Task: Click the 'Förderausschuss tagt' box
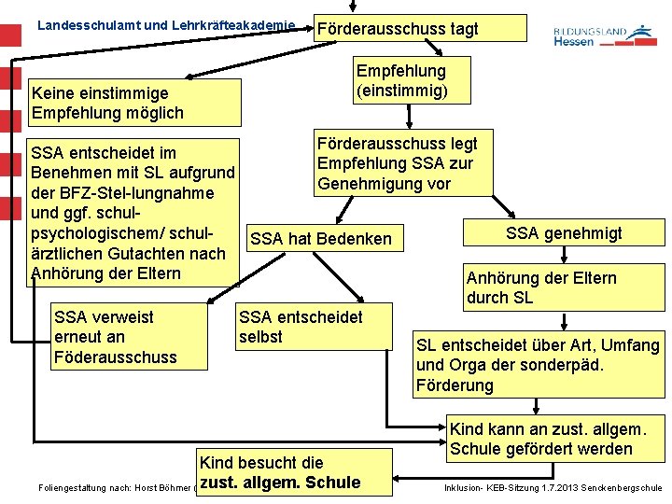[x=420, y=28]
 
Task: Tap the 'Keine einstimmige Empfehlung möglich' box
[x=134, y=104]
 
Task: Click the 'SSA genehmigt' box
[x=563, y=233]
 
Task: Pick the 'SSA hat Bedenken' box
[x=321, y=239]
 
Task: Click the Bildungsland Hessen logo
[x=604, y=35]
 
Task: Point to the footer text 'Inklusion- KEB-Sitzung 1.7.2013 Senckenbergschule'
[x=553, y=487]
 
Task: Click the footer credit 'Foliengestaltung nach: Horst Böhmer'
[x=112, y=487]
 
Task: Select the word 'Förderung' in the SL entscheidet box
[x=455, y=385]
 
